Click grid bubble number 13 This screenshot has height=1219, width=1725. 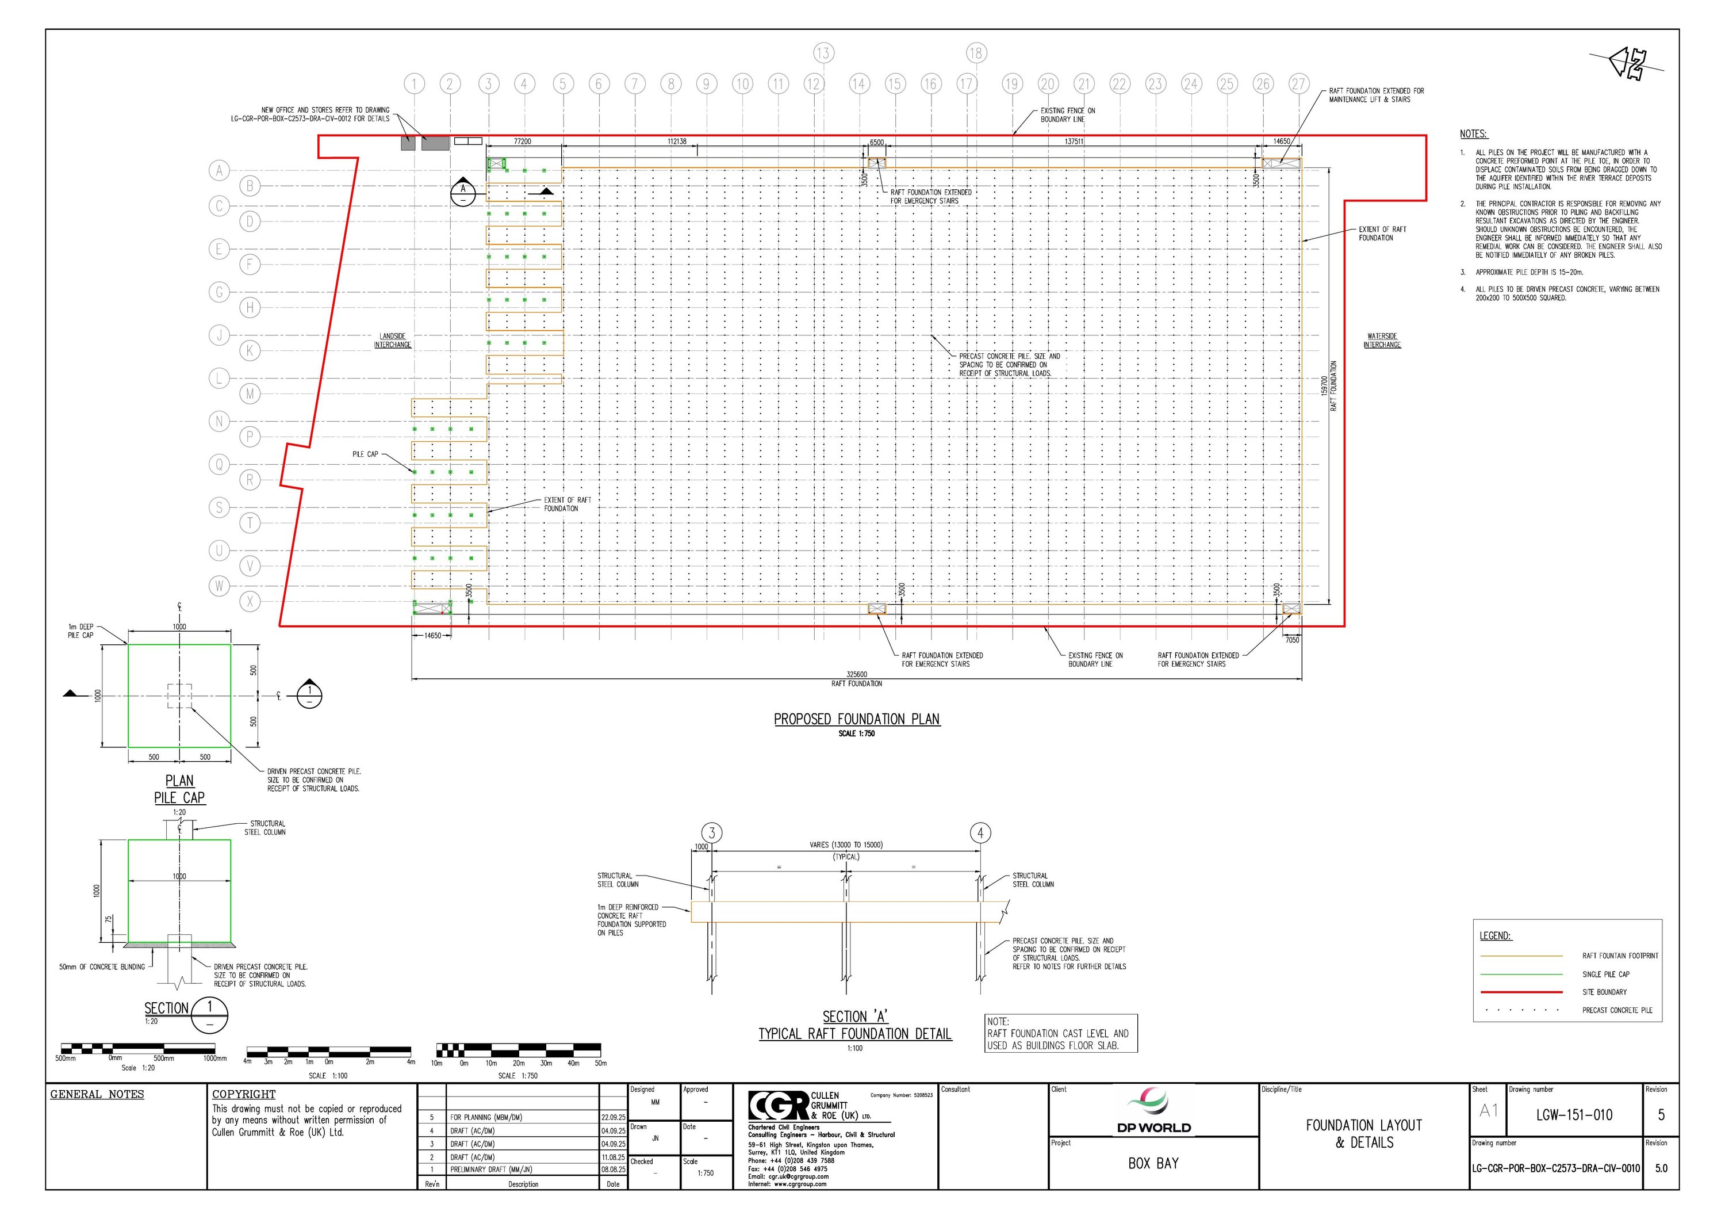(x=823, y=52)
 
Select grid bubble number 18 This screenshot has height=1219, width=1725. (x=975, y=52)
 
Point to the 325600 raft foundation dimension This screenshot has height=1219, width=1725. (x=857, y=674)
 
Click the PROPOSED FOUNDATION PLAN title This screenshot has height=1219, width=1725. (x=857, y=719)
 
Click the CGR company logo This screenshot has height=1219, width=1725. (x=779, y=1106)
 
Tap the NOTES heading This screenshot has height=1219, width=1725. (x=1473, y=134)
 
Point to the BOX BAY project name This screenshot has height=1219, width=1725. (x=1153, y=1163)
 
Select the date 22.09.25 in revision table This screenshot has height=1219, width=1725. (x=613, y=1118)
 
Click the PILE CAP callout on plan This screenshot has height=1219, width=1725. (x=365, y=454)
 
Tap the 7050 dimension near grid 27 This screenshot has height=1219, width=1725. (x=1291, y=640)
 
